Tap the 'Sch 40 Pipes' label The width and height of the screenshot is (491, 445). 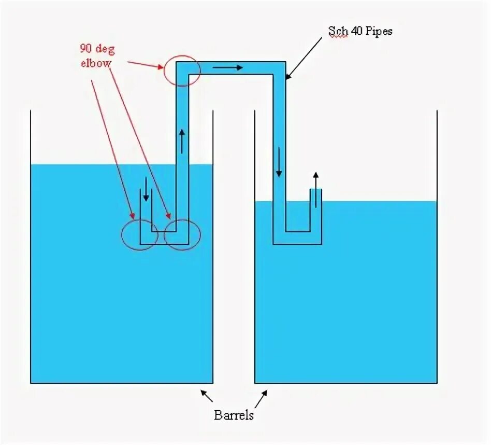(360, 31)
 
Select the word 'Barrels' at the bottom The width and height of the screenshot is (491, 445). (234, 415)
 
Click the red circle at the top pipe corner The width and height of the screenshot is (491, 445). (181, 71)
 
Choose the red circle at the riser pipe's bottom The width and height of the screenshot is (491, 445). (182, 235)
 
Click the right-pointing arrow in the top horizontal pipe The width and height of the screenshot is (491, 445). (227, 67)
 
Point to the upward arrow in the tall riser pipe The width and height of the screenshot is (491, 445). (182, 141)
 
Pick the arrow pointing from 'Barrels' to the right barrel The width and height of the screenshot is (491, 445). (262, 400)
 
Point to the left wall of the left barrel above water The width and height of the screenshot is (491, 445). (31, 137)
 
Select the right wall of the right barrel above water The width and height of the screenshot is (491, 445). (437, 156)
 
